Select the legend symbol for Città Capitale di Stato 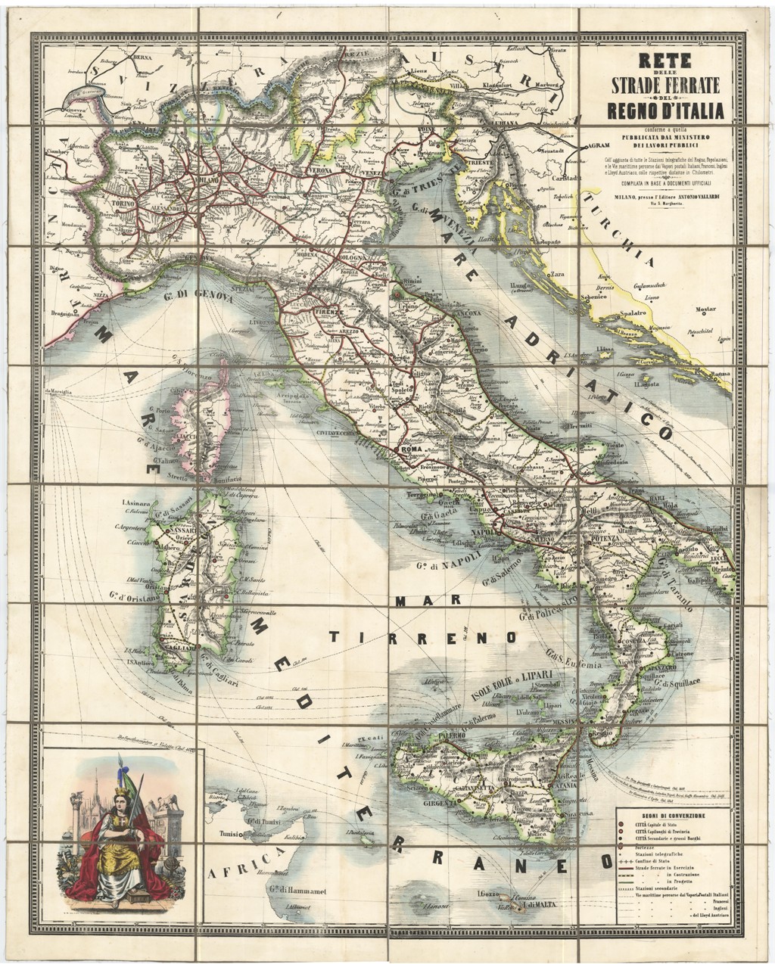(x=621, y=826)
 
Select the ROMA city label (x=409, y=449)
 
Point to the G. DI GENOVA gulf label (x=199, y=295)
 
